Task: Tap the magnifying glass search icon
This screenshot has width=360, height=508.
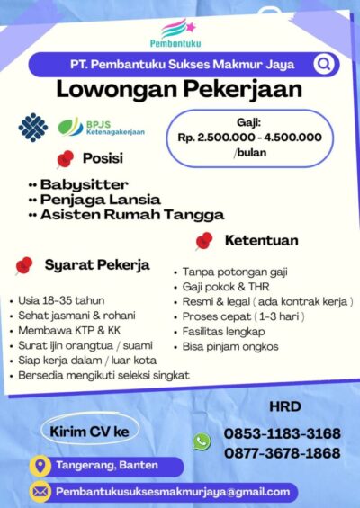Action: point(323,65)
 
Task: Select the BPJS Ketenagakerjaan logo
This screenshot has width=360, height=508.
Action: point(101,127)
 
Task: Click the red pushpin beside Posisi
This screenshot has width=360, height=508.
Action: point(65,159)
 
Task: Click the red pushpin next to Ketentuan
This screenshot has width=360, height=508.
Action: point(204,241)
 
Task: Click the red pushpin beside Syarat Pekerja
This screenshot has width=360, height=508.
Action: point(25,264)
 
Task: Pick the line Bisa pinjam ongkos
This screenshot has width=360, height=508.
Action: point(230,346)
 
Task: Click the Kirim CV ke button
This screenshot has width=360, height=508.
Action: point(88,431)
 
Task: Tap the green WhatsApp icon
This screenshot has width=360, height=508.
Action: point(202,441)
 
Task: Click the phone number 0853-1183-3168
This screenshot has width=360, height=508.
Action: point(282,433)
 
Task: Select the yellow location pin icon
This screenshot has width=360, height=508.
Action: point(40,465)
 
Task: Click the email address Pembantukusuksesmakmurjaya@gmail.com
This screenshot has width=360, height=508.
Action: point(173,491)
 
